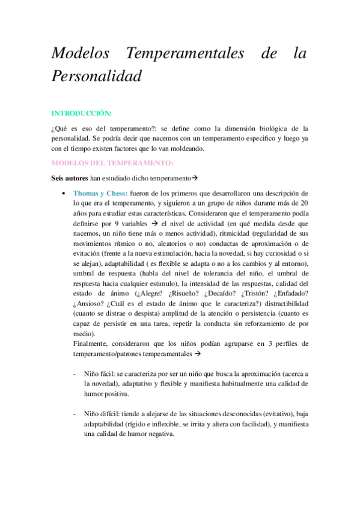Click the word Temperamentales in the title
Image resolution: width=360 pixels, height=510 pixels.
[x=185, y=54]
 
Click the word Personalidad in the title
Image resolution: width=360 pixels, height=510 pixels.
[x=97, y=76]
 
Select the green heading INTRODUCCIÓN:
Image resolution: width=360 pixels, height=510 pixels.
[x=82, y=112]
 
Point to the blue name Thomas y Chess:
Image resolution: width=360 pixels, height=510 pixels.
[x=100, y=193]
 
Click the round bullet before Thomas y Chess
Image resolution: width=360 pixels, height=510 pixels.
[x=64, y=193]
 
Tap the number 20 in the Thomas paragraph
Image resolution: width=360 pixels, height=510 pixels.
[x=304, y=203]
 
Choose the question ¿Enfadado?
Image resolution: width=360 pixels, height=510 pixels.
[x=291, y=293]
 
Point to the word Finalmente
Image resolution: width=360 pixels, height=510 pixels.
[x=93, y=343]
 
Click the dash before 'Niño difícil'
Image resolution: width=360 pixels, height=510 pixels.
[x=74, y=414]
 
